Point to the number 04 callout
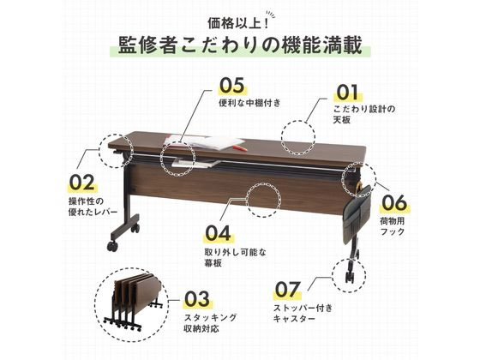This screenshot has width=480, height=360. click(219, 232)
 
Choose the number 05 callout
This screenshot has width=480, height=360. click(231, 86)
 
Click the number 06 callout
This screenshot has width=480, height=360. click(393, 203)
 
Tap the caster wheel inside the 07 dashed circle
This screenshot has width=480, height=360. click(351, 276)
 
